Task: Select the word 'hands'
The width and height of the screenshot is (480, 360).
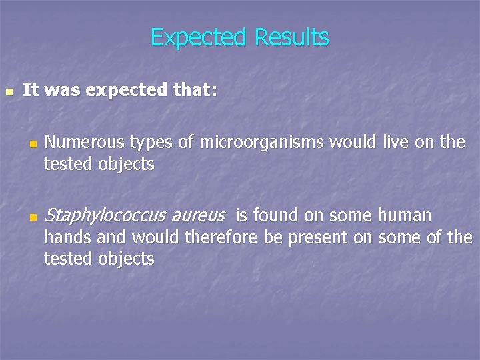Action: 65,237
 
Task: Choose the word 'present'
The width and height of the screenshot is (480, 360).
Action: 318,238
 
